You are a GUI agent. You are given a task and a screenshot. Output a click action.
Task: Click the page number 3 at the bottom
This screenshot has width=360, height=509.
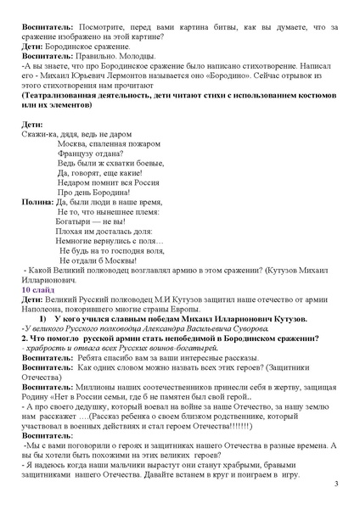click(x=336, y=484)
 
